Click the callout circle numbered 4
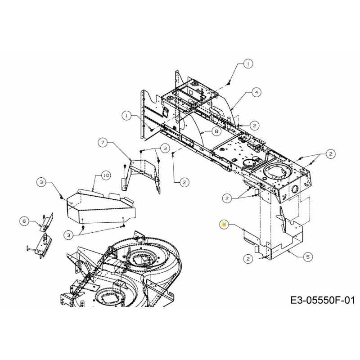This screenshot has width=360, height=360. [256, 92]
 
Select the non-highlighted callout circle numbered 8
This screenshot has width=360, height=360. [216, 131]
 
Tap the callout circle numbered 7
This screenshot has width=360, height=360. [103, 143]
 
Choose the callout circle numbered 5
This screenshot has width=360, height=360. [308, 257]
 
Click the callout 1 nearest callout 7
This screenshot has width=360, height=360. [127, 116]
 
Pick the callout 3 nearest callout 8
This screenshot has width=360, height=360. [165, 148]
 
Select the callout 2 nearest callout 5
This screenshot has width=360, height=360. [248, 258]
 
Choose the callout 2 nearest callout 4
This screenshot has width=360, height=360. [255, 125]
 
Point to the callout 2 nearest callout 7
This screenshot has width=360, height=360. [184, 182]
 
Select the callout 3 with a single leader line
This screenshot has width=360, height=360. [41, 182]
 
